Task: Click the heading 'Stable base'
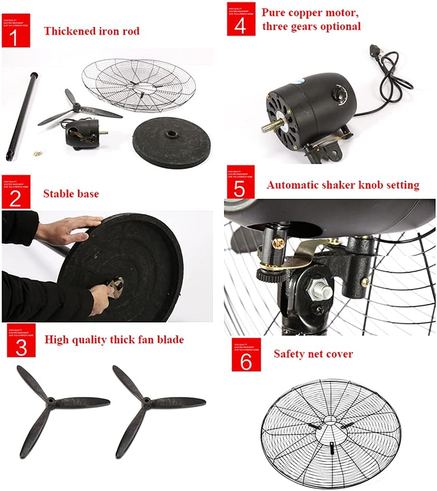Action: pyautogui.click(x=70, y=194)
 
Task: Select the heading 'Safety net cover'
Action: pyautogui.click(x=313, y=354)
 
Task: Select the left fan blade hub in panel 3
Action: pyautogui.click(x=51, y=401)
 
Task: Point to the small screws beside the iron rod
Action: pyautogui.click(x=35, y=151)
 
